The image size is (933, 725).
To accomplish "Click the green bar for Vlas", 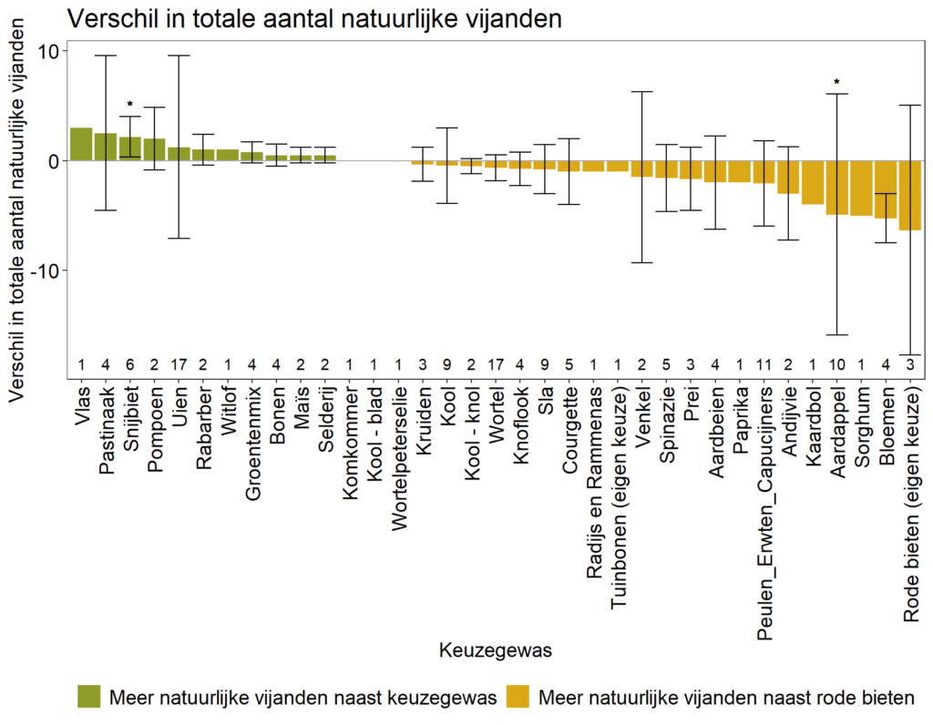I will pos(81,144).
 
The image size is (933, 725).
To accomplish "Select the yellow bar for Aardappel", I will pos(836,188).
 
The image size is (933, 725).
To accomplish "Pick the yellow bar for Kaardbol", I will pos(812,182).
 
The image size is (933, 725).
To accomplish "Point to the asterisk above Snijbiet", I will pos(130,105).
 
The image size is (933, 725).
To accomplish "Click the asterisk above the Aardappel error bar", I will pos(836,83).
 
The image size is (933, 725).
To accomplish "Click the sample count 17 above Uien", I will pos(179,366).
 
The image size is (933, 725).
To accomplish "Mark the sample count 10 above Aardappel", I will pos(836,366).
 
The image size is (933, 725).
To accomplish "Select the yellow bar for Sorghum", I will pos(861,188).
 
